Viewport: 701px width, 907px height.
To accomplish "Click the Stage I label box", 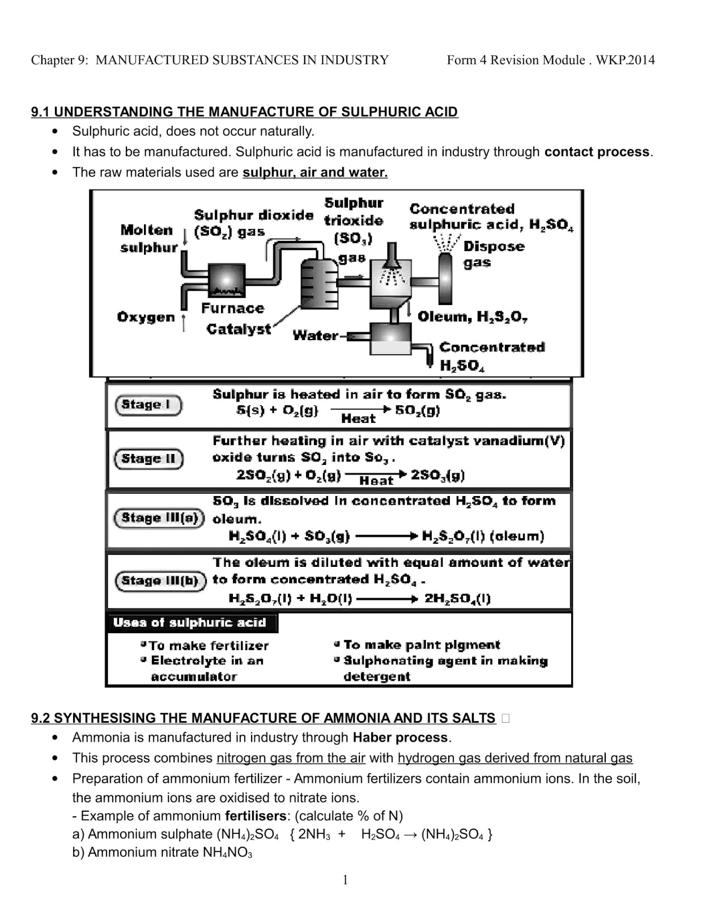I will tap(148, 405).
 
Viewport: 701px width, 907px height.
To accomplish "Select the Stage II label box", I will tap(148, 459).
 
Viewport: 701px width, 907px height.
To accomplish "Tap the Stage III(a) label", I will tap(159, 518).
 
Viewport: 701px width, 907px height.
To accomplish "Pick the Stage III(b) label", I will tap(160, 580).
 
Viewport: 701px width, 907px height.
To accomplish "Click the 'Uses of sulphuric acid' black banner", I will tap(190, 623).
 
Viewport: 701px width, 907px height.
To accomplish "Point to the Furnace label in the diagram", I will tap(232, 308).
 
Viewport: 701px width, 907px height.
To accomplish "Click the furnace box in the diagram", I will tap(227, 280).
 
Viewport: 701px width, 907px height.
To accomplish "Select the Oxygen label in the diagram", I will tap(146, 317).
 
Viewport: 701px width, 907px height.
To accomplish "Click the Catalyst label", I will tap(239, 329).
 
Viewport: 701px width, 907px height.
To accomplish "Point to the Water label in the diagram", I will tap(315, 336).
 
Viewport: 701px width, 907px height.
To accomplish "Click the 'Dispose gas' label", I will tap(494, 254).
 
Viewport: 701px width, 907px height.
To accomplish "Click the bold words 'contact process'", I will tap(597, 152).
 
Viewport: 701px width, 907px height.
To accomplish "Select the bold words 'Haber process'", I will tap(400, 738).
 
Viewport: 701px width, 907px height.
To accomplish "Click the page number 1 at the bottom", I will tap(346, 880).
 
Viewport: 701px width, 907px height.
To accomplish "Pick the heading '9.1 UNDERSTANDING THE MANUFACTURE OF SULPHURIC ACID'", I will tap(244, 112).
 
